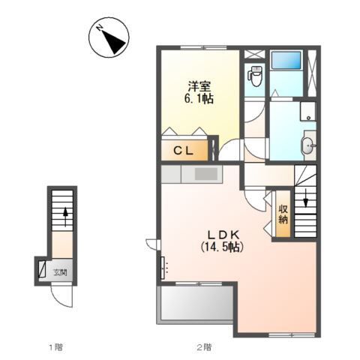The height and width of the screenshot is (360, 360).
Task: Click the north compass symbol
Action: (109, 36)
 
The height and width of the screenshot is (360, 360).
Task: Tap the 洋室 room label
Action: (199, 87)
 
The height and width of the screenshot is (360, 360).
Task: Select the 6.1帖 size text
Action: (199, 99)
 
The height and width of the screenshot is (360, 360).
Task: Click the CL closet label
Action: (184, 151)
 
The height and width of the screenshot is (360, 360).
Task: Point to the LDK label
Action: (224, 235)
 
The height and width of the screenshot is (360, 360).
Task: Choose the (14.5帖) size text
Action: (222, 247)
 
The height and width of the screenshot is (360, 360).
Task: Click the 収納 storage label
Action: (283, 214)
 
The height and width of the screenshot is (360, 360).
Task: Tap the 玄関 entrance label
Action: (61, 272)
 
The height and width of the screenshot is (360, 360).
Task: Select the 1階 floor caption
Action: (55, 347)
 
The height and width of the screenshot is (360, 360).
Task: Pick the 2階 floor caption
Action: (204, 347)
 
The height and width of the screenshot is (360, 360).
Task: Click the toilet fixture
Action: (254, 76)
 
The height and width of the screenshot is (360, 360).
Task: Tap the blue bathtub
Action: (286, 60)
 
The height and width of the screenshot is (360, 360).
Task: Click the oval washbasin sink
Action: (307, 145)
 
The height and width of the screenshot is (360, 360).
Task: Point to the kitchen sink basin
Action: (206, 173)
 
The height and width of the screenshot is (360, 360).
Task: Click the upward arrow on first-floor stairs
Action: (65, 216)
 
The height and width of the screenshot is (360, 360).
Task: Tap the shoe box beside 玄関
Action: (42, 268)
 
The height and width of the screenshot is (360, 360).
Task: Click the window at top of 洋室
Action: (203, 47)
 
